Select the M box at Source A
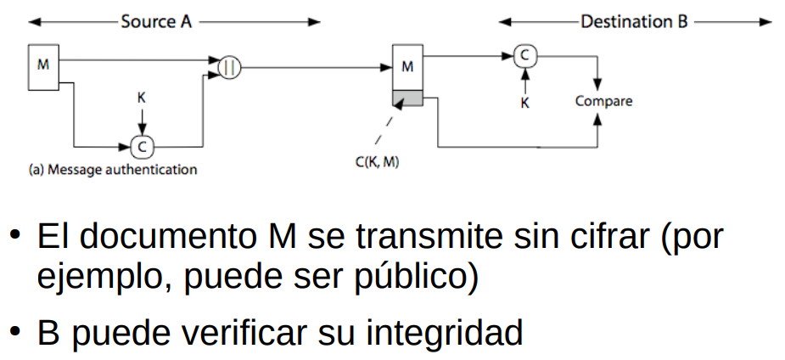coord(42,66)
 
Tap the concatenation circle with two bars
coord(230,66)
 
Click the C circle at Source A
coord(142,145)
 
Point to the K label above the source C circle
coord(142,98)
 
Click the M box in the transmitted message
coord(407,66)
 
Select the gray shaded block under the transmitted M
coord(407,99)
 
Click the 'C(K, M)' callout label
coord(378,160)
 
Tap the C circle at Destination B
coord(525,56)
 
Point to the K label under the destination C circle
coord(525,102)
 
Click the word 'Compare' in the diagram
coord(603,101)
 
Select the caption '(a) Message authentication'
coord(113,169)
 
